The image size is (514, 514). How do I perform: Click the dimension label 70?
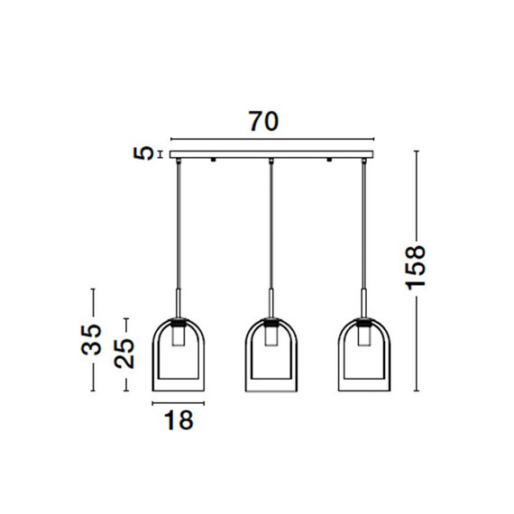click(x=264, y=122)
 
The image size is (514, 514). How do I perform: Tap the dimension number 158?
click(x=416, y=268)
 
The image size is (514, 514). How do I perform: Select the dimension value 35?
click(x=91, y=340)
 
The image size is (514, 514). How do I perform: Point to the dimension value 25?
click(x=124, y=353)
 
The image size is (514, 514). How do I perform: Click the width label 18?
click(x=179, y=420)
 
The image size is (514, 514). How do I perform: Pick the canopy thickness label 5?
click(x=143, y=153)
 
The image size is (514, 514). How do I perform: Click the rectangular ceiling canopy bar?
click(x=271, y=154)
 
